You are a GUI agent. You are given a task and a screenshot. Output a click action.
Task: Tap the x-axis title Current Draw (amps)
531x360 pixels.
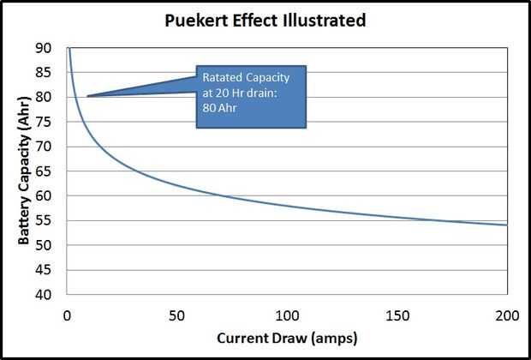pos(287,337)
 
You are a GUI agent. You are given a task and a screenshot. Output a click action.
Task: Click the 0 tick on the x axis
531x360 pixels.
pos(67,313)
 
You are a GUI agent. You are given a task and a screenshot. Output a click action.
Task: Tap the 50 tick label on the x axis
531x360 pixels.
pos(176,313)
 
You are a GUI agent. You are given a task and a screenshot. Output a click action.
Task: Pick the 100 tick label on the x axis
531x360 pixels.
pos(287,313)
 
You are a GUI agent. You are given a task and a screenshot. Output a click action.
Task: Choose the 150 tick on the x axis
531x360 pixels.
pos(397,313)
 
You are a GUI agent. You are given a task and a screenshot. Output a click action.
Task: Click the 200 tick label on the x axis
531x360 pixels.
pos(507,313)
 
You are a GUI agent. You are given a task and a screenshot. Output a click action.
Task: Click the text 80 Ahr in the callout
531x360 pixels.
pos(218,109)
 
